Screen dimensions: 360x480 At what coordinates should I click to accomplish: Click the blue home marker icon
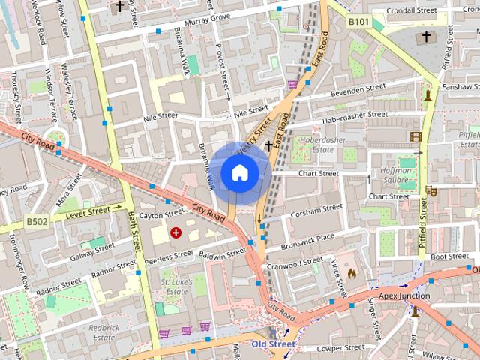pyautogui.click(x=239, y=172)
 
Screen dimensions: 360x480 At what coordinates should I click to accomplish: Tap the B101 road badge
pyautogui.click(x=358, y=22)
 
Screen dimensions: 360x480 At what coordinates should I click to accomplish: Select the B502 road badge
pyautogui.click(x=36, y=221)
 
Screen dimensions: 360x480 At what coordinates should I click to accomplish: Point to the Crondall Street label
pyautogui.click(x=412, y=11)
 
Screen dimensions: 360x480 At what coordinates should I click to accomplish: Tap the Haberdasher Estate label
pyautogui.click(x=320, y=145)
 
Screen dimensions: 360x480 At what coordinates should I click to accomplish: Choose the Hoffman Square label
pyautogui.click(x=394, y=175)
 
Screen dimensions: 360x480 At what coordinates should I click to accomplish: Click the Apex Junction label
pyautogui.click(x=404, y=295)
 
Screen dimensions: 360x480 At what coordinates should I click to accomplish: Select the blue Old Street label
pyautogui.click(x=273, y=344)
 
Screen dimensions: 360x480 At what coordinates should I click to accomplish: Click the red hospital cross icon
pyautogui.click(x=176, y=233)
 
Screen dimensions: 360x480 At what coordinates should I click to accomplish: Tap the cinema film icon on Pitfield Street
pyautogui.click(x=415, y=136)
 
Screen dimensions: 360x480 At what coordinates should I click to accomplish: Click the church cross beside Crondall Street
pyautogui.click(x=426, y=36)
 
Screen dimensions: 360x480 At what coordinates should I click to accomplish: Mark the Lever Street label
pyautogui.click(x=88, y=213)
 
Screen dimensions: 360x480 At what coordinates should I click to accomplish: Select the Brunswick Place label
pyautogui.click(x=307, y=241)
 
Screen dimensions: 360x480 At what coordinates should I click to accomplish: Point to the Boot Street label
pyautogui.click(x=449, y=256)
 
